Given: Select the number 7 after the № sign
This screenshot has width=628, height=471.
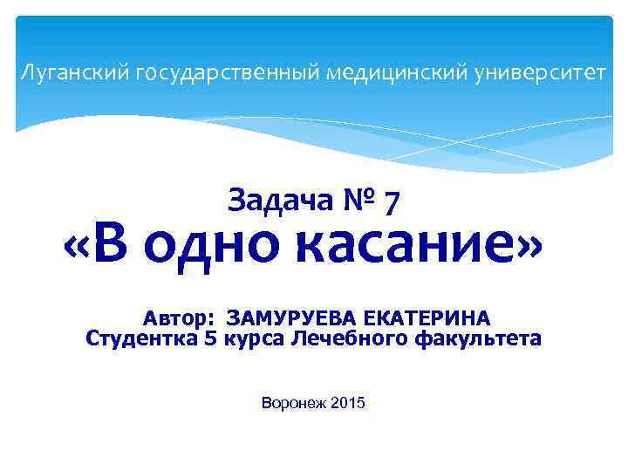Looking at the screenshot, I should coord(392,202).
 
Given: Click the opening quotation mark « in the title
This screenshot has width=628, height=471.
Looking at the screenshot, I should coord(80,248).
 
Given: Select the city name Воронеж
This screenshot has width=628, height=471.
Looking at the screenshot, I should coord(293,403).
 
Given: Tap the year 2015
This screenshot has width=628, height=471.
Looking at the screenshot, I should coord(349,403).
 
